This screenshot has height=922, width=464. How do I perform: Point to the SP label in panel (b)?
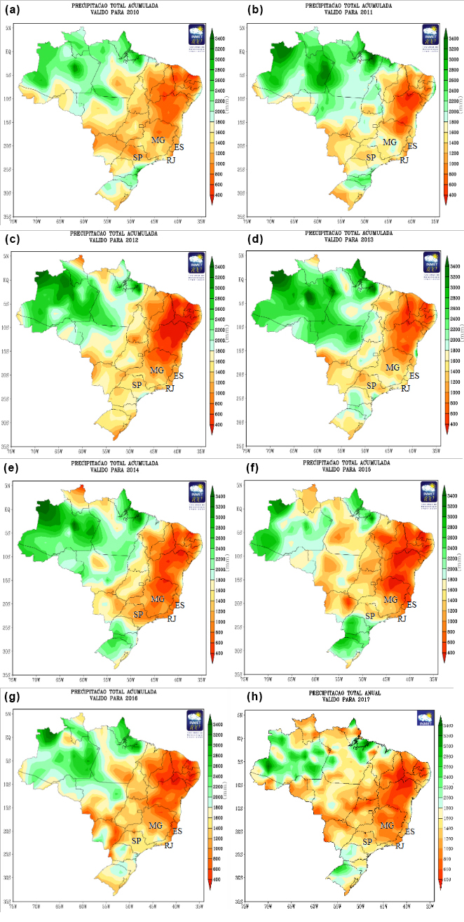pyautogui.click(x=371, y=156)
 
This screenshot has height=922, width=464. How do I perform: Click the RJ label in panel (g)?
pyautogui.click(x=169, y=845)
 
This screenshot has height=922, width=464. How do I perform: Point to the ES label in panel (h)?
pyautogui.click(x=410, y=831)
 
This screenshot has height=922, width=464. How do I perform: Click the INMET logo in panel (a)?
pyautogui.click(x=197, y=35)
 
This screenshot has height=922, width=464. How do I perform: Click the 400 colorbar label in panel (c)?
pyautogui.click(x=217, y=425)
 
